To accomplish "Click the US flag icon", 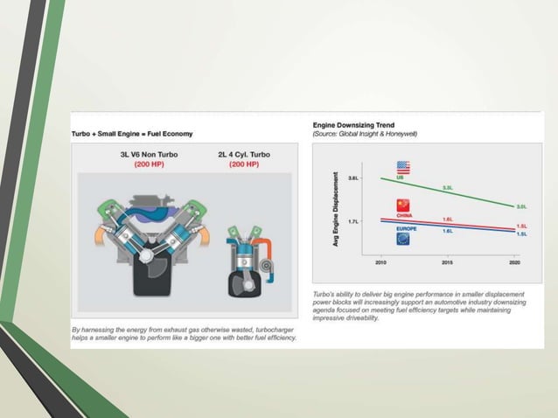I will coord(403,167).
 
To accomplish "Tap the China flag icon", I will coord(403,204).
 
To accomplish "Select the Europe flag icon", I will coord(403,238).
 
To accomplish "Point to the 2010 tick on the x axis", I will coord(381,261).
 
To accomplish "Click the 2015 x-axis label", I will coord(446,261).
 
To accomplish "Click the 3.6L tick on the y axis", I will coord(353,178).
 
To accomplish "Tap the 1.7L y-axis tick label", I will coord(353,221).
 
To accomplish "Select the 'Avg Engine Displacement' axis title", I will coord(335,208).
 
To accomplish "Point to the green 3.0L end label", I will coord(521,206).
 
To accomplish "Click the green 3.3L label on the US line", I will coord(448,187).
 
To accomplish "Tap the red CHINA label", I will coord(403,214).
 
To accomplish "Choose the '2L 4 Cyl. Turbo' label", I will coord(244,155).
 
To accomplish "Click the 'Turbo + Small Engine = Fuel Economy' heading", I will coord(132,133).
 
